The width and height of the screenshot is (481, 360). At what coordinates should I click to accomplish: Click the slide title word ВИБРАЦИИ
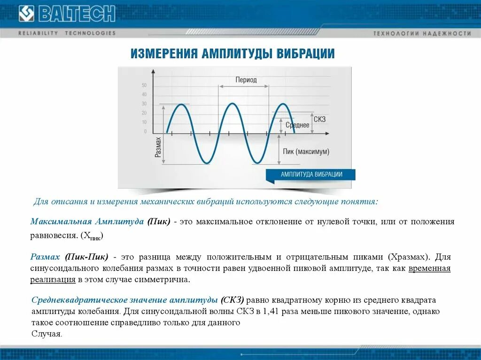(x=305, y=54)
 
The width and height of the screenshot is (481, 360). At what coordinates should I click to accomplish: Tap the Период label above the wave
(x=246, y=80)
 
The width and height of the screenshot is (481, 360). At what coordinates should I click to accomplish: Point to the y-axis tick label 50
(x=144, y=85)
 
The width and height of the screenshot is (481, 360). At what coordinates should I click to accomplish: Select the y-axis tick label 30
(x=144, y=104)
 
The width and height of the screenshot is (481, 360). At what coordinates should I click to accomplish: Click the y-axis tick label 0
(x=145, y=131)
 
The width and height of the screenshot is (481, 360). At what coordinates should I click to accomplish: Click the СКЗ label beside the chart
(x=319, y=120)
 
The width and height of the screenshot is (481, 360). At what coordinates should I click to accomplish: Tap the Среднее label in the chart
(x=297, y=125)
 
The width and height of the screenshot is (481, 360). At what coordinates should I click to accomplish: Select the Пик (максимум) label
(x=306, y=152)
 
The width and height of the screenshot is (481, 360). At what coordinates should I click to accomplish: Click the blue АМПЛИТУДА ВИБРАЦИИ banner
(x=311, y=174)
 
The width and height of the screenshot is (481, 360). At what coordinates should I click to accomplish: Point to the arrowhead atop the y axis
(x=154, y=71)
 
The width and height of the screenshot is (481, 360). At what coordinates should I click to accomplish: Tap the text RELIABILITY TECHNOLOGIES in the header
(x=67, y=33)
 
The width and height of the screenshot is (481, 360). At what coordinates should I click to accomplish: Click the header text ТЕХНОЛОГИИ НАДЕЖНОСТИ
(x=422, y=33)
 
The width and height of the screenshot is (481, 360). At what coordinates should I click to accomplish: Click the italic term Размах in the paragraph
(x=45, y=257)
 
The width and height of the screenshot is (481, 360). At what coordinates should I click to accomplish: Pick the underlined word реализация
(x=53, y=279)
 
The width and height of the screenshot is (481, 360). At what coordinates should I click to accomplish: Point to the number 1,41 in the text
(x=271, y=311)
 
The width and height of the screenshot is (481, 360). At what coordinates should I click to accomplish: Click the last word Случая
(x=47, y=334)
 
